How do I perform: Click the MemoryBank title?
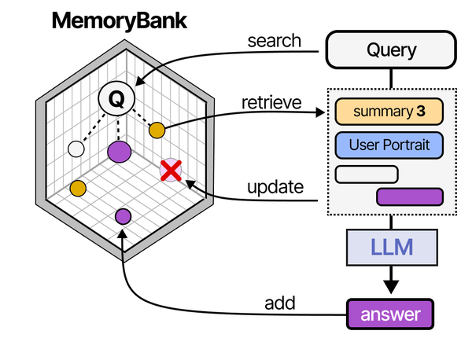coord(120,21)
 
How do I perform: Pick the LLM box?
coord(392,249)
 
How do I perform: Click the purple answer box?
coord(390,315)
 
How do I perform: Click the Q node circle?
coord(116,99)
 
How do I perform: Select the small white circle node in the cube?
coord(76,148)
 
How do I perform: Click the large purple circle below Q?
coord(119,151)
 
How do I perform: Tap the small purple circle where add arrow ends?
coord(123,216)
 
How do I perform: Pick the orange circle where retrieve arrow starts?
coord(157,129)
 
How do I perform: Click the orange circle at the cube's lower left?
coord(78,188)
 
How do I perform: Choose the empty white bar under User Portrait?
coord(367,174)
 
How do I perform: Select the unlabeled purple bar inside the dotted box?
coord(410,197)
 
